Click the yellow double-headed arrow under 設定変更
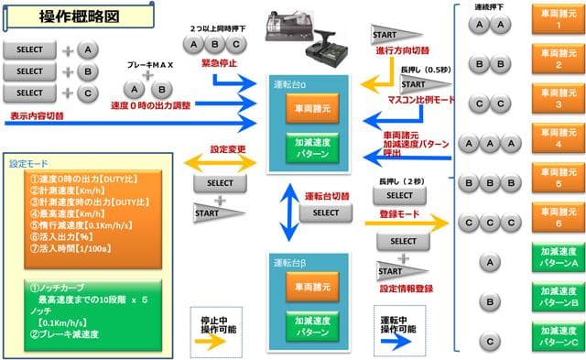pos(219,162)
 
